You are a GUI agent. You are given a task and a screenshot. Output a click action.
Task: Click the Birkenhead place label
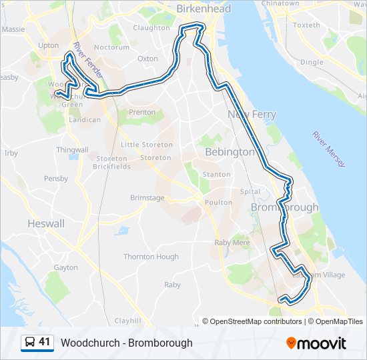[x=204, y=9]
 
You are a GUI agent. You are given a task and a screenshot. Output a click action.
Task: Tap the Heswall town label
[x=46, y=224]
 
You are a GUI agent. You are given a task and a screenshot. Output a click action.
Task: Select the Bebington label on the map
[x=230, y=152]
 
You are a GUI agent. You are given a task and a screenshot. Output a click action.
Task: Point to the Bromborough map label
[x=284, y=207]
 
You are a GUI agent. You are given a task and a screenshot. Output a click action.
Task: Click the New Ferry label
[x=252, y=115]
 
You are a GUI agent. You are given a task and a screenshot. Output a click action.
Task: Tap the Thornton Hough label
[x=151, y=257]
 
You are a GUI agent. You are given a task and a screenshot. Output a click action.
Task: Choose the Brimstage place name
[x=147, y=198]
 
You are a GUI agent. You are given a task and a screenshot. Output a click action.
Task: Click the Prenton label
[x=141, y=113]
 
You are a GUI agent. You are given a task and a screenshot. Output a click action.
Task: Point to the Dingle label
[x=312, y=62]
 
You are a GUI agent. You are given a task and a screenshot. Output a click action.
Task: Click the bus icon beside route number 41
[x=30, y=343]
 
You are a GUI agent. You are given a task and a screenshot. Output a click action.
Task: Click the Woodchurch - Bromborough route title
[x=126, y=343]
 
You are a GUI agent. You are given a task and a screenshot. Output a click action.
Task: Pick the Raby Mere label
[x=232, y=243]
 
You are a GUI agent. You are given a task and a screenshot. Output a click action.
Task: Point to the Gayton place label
[x=66, y=267]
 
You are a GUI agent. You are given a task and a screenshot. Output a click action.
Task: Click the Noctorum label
[x=111, y=47]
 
